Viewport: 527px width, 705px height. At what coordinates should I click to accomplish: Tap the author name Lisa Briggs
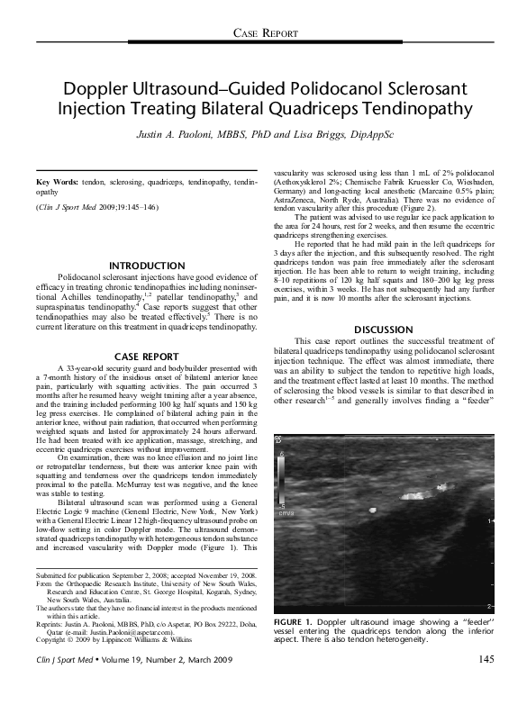coord(316,133)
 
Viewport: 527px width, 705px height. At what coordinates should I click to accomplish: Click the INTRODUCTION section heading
coord(146,266)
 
